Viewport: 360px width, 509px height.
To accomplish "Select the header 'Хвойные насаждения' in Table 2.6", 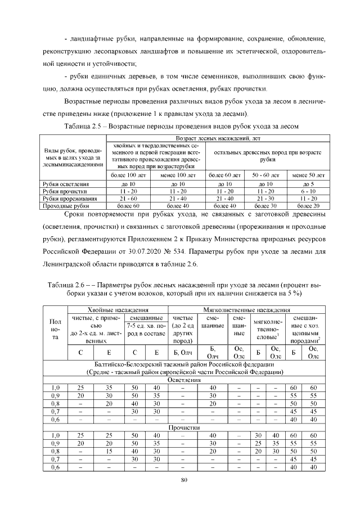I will tap(118, 310).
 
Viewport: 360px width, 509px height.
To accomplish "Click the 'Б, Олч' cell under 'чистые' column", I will tap(183, 353).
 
